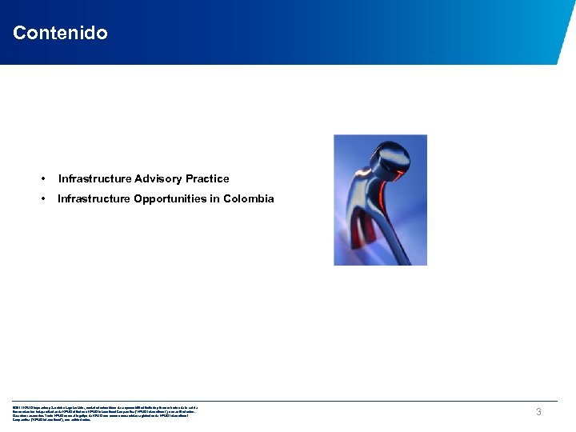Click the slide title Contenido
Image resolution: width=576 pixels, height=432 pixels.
[60, 33]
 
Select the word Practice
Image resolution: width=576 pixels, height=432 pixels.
[207, 178]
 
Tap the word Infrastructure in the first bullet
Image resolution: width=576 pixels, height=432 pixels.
[94, 178]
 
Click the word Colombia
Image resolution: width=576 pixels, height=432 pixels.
[248, 198]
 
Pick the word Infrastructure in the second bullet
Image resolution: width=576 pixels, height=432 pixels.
[94, 198]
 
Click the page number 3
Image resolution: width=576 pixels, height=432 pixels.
[538, 412]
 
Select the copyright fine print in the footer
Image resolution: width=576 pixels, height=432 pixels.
[104, 413]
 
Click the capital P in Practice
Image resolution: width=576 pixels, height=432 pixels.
[190, 178]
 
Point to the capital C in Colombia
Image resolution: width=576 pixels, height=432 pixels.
[227, 198]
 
